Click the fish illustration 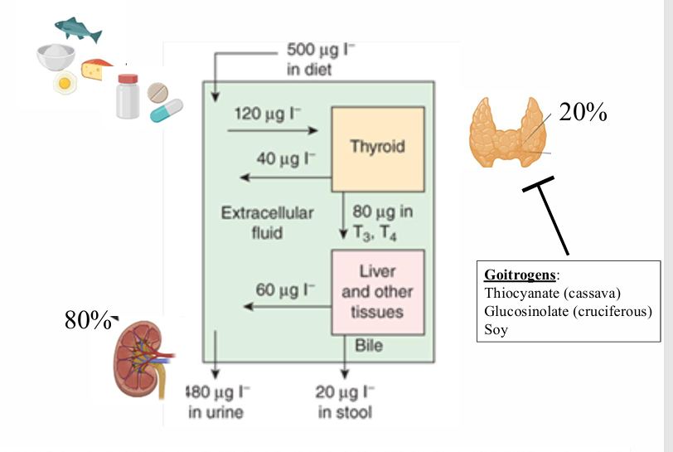(79, 29)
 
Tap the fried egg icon (64, 83)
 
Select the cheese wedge (98, 70)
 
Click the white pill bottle (128, 96)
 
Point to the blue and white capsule (167, 110)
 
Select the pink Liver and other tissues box (378, 292)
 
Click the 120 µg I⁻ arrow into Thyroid (274, 130)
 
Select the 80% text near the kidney (88, 322)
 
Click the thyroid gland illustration (506, 133)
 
